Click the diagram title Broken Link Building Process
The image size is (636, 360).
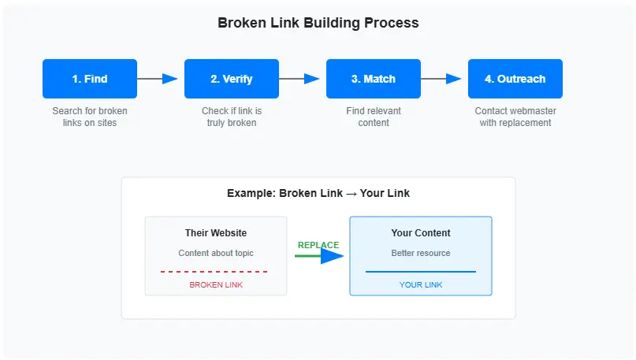tap(318, 23)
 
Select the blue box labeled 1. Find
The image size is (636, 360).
tap(90, 79)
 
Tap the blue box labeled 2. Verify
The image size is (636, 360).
tap(232, 79)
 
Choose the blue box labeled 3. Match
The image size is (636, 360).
tap(374, 79)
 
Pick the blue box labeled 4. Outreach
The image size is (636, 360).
tap(515, 79)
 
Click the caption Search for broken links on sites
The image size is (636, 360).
tap(90, 117)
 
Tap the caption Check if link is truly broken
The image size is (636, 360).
tap(232, 117)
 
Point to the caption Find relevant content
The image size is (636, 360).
tap(374, 117)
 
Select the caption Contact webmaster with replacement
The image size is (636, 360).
tap(515, 117)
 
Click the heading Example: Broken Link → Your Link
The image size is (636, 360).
tap(318, 193)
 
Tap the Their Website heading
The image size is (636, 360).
tap(216, 233)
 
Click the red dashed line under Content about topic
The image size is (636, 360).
tap(214, 272)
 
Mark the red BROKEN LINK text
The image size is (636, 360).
tap(216, 284)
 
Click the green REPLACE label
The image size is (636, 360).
tap(318, 245)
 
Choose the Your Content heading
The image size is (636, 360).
tap(421, 233)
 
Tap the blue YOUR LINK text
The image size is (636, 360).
tap(421, 284)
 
